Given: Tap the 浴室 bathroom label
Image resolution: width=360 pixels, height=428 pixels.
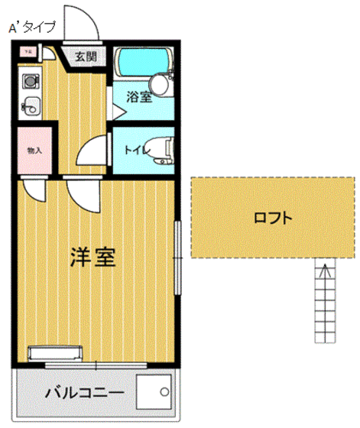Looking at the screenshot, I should point(138,97).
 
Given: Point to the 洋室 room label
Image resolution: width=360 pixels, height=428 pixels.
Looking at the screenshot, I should point(94,258).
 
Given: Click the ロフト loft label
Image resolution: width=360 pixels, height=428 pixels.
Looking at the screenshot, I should point(273,219).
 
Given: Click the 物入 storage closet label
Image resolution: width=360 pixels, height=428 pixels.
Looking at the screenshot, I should point(34,151).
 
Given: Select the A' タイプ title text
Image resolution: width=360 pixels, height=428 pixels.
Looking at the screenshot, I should point(31,28).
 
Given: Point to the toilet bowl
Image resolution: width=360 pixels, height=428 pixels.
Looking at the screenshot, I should point(161,148).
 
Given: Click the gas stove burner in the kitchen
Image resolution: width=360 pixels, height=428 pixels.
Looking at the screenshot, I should point(30,79).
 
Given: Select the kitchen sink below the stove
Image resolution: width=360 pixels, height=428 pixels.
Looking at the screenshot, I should point(30,107).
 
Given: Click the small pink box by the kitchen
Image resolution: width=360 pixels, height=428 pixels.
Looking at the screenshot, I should point(28,53).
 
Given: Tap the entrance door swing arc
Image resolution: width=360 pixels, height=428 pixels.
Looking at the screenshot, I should point(80,23).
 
